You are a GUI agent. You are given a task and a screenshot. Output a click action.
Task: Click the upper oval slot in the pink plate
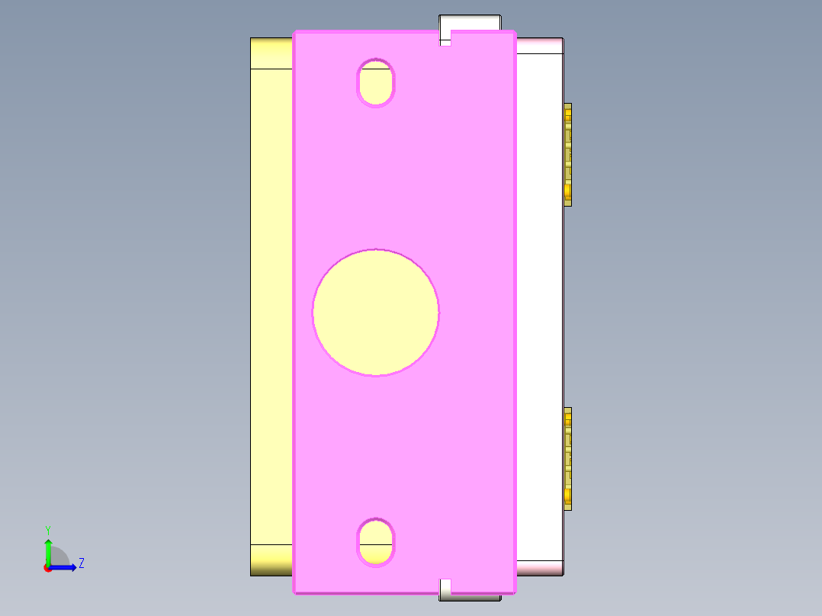[376, 82]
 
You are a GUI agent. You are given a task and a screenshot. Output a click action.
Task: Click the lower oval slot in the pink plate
[376, 541]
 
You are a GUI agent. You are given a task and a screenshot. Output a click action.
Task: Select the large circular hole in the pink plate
[375, 312]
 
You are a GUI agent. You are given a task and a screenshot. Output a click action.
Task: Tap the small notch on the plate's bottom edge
[445, 586]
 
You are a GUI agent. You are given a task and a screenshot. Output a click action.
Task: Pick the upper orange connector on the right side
[567, 154]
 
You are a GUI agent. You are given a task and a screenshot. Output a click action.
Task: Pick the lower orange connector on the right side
[567, 458]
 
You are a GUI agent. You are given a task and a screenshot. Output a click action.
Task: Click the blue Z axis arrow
[65, 567]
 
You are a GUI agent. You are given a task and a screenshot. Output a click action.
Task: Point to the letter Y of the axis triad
[47, 530]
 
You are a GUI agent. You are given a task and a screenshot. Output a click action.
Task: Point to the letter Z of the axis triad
[81, 563]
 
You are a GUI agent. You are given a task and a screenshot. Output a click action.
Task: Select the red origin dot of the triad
[47, 568]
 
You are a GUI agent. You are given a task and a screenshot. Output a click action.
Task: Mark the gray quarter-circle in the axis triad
[59, 557]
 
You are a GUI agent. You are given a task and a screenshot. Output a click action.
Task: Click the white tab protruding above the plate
[470, 22]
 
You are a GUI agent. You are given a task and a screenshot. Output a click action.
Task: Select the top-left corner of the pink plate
[296, 34]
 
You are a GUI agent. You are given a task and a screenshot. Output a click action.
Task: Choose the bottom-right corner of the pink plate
[514, 591]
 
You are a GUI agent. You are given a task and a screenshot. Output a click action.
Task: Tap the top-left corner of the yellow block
[252, 40]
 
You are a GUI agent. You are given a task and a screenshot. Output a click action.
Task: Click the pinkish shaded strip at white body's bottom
[540, 567]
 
